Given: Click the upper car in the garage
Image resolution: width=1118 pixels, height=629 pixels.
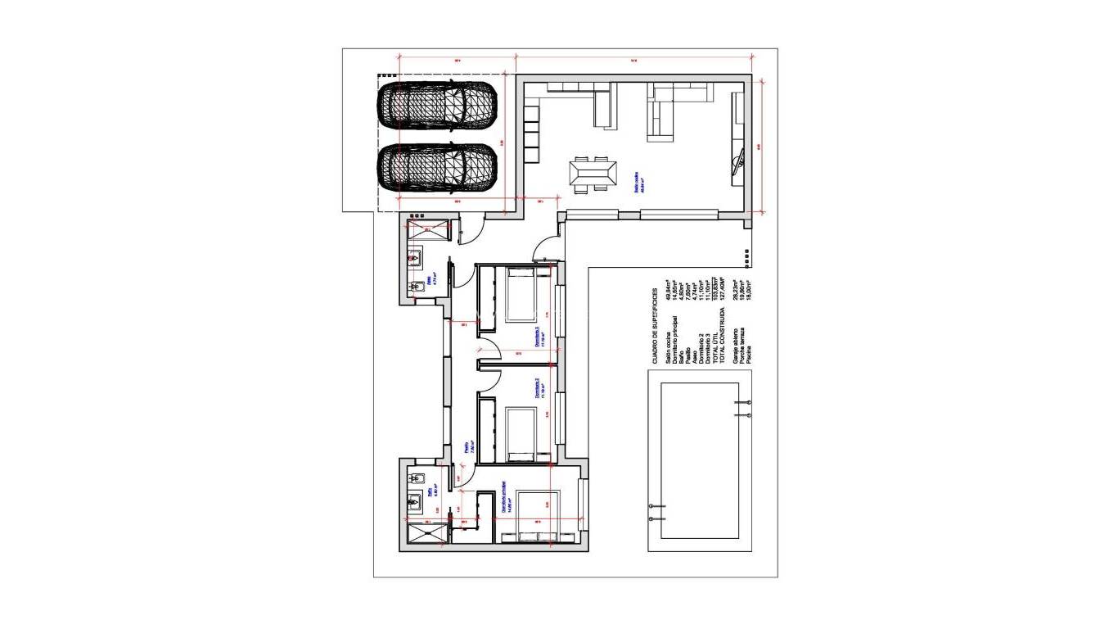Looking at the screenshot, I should (437, 104).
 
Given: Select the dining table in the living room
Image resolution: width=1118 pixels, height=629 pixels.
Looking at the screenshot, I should (594, 174).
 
